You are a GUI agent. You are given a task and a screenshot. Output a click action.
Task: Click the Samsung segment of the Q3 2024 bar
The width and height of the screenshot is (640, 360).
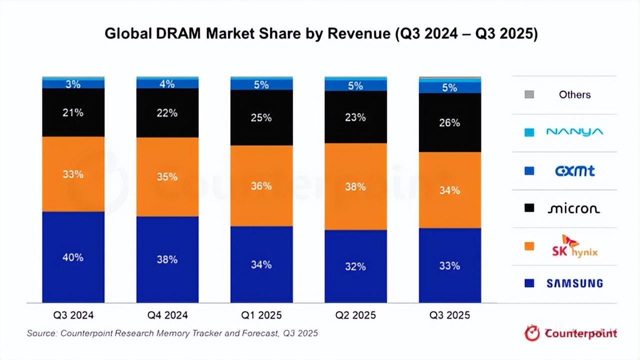(73, 257)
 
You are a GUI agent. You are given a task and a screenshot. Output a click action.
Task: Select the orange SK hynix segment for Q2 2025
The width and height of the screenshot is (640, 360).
(355, 186)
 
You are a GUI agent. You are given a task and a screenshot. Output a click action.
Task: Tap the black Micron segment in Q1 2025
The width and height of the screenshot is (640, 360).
(261, 118)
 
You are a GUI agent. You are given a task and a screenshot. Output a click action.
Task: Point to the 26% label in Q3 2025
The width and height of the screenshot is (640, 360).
(449, 122)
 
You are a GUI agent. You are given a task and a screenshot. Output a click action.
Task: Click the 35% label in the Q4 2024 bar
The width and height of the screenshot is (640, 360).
(167, 177)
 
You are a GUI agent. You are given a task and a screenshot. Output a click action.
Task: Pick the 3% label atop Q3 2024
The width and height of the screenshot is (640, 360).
(73, 84)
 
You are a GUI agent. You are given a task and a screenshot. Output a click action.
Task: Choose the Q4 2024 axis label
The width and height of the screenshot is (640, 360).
(167, 315)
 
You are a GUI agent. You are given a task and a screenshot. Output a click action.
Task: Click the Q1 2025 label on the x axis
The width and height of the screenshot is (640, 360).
(261, 315)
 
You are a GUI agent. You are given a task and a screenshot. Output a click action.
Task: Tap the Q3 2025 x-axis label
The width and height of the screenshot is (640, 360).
(449, 315)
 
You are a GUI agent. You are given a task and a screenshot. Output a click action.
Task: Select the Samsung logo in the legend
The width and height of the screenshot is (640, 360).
(574, 283)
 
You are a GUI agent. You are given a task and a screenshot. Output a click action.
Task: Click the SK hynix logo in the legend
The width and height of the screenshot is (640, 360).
(574, 245)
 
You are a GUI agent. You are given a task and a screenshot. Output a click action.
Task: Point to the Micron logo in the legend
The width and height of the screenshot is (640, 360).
(574, 208)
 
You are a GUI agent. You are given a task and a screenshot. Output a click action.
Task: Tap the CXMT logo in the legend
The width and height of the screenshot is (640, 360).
(575, 171)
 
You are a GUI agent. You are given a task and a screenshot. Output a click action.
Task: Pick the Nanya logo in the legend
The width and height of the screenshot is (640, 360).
(574, 132)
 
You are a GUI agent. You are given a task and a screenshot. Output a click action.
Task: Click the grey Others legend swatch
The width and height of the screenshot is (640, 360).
(529, 94)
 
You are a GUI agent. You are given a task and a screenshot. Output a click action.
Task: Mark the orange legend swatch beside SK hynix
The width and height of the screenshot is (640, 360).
(529, 246)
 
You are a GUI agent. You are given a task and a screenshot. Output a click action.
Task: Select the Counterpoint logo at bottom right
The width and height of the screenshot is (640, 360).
(570, 333)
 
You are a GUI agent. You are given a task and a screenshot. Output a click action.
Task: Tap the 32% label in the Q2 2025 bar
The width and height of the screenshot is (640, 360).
(355, 266)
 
